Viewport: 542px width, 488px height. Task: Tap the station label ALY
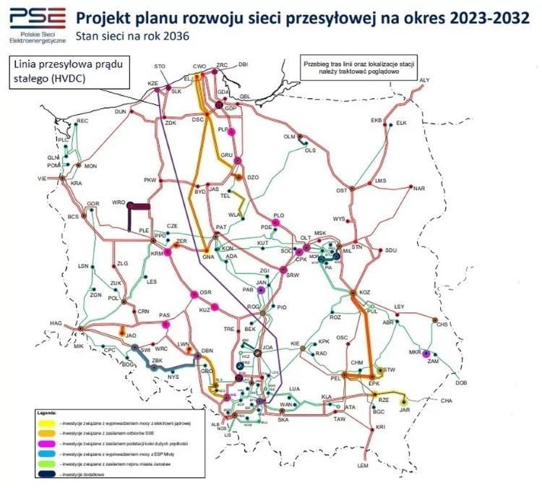coord(424,80)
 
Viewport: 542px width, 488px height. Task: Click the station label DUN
coord(120,111)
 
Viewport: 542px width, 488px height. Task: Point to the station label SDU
coord(392,250)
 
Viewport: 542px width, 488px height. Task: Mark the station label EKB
coord(376,120)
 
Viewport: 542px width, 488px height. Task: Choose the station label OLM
coord(289,137)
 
